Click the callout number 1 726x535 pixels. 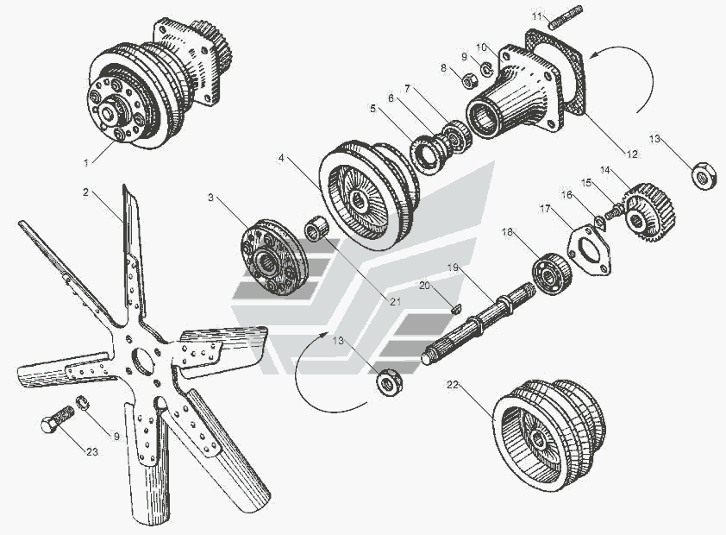point(86,162)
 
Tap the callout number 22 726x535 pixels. point(453,385)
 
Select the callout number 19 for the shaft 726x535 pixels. point(454,267)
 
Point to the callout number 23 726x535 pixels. point(92,451)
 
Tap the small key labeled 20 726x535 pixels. point(455,309)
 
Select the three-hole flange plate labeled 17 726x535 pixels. point(589,250)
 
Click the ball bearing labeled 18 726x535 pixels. point(552,274)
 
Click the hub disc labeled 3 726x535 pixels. point(274,259)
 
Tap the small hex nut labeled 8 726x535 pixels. point(472,82)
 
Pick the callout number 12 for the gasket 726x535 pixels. point(632,154)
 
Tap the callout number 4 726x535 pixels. point(280,158)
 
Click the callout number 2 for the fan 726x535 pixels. point(85,192)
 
